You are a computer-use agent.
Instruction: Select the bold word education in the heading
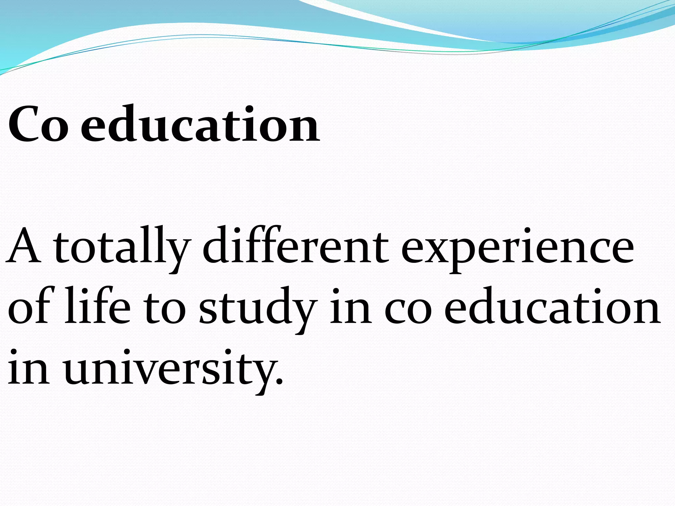[200, 124]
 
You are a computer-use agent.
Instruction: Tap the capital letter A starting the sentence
[24, 246]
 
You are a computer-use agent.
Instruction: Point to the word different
[295, 246]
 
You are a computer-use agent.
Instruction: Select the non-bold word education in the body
[552, 306]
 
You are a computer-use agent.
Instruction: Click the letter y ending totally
[178, 254]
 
